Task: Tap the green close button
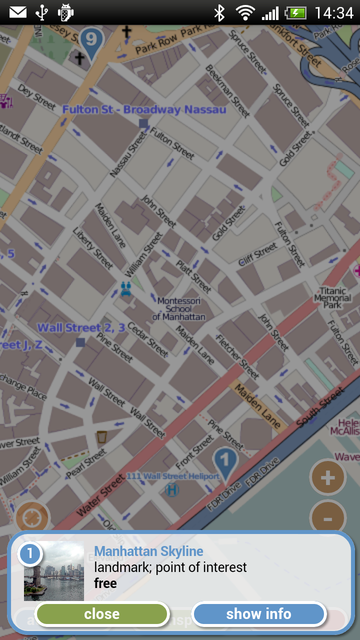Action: (102, 614)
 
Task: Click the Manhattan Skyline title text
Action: (148, 551)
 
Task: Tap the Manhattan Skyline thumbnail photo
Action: (54, 571)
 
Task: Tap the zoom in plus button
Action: (327, 478)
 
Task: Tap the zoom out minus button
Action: (327, 519)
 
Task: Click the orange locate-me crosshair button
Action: (32, 518)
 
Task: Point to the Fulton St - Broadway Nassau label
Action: (144, 109)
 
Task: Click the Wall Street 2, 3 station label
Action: (81, 328)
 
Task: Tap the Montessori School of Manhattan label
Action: (178, 308)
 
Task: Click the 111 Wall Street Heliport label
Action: (173, 476)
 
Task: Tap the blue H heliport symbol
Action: (171, 490)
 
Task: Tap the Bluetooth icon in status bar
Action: (219, 12)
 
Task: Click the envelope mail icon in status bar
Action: (18, 12)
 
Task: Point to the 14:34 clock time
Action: (334, 12)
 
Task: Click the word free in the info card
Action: (105, 583)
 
